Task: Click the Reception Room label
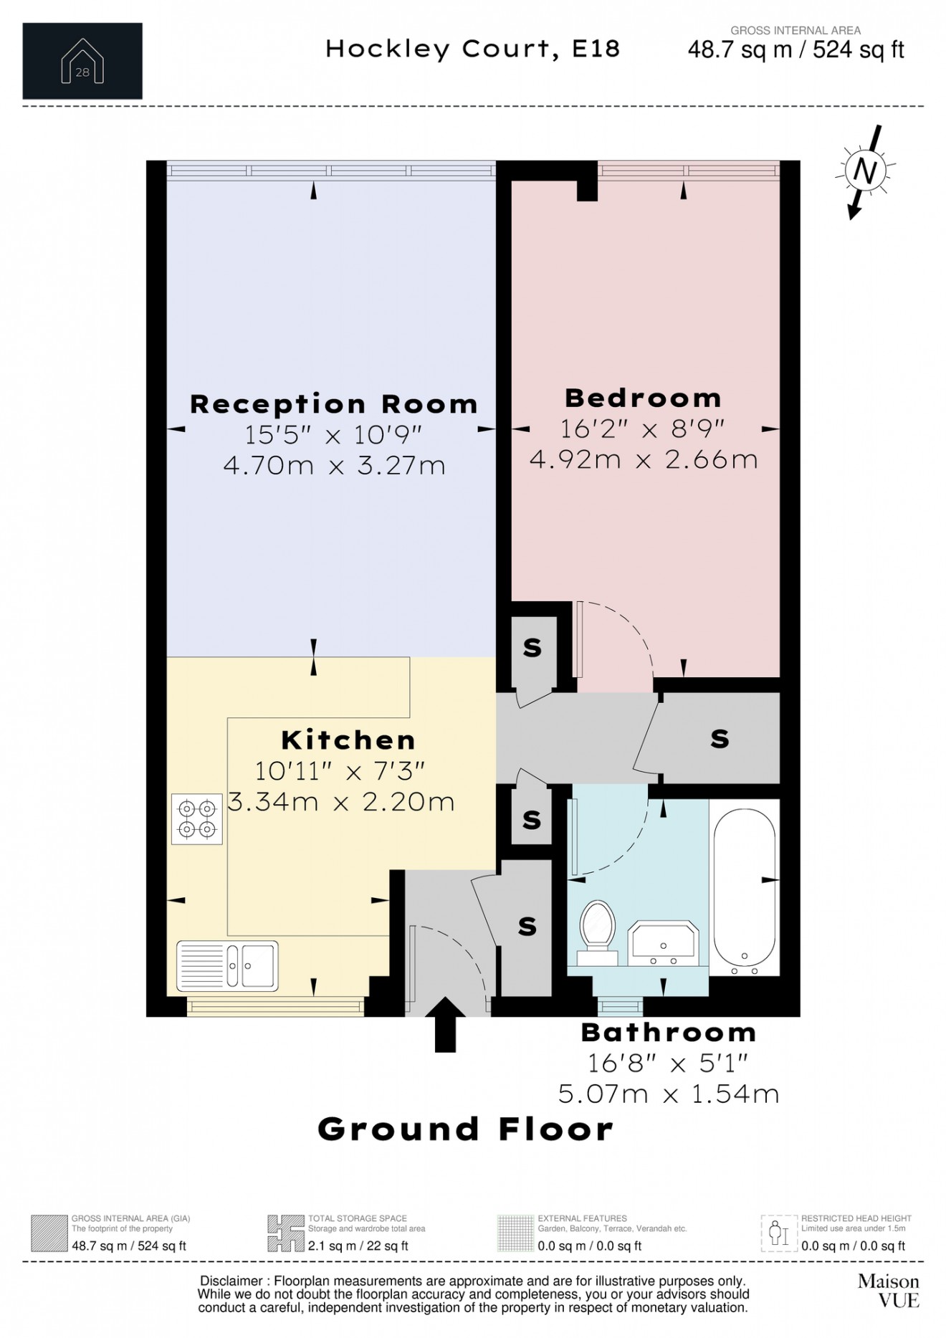coord(333,404)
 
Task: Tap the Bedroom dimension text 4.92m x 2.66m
coord(643,459)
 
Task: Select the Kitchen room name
coord(348,740)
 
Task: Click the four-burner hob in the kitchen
coord(197,819)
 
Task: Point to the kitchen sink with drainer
coord(227,965)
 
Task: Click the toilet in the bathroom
coord(597,930)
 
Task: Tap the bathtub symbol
coord(744,887)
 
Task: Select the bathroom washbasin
coord(663,944)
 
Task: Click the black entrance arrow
coord(445,1023)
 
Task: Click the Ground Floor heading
coord(465,1129)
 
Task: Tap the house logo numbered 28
coord(82,62)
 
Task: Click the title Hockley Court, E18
coord(472,49)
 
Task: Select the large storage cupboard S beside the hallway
coord(720,738)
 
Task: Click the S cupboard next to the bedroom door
coord(532,647)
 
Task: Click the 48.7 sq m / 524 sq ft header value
coord(795,49)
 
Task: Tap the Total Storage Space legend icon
coord(285,1233)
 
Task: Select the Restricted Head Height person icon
coord(778,1233)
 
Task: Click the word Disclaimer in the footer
coord(231,1281)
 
